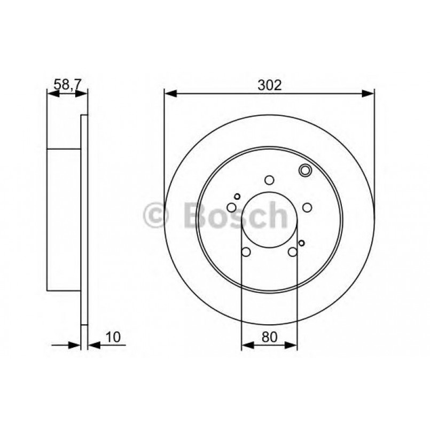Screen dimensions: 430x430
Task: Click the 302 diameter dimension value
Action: point(269,85)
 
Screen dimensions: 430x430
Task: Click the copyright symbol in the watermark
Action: point(156,215)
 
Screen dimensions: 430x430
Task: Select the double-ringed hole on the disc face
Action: point(305,171)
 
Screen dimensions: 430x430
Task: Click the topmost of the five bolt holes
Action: point(269,180)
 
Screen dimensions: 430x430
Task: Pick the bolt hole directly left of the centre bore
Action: point(231,207)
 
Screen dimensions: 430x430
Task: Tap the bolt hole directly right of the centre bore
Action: point(307,207)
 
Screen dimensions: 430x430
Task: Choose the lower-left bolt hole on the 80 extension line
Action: point(246,252)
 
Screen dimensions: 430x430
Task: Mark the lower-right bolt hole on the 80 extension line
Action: point(293,252)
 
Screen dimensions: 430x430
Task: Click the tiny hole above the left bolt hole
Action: point(238,196)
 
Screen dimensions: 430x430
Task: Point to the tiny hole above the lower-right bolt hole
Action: point(301,243)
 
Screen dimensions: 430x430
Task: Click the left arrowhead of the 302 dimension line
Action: point(170,93)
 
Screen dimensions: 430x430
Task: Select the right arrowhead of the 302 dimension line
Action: point(368,93)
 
